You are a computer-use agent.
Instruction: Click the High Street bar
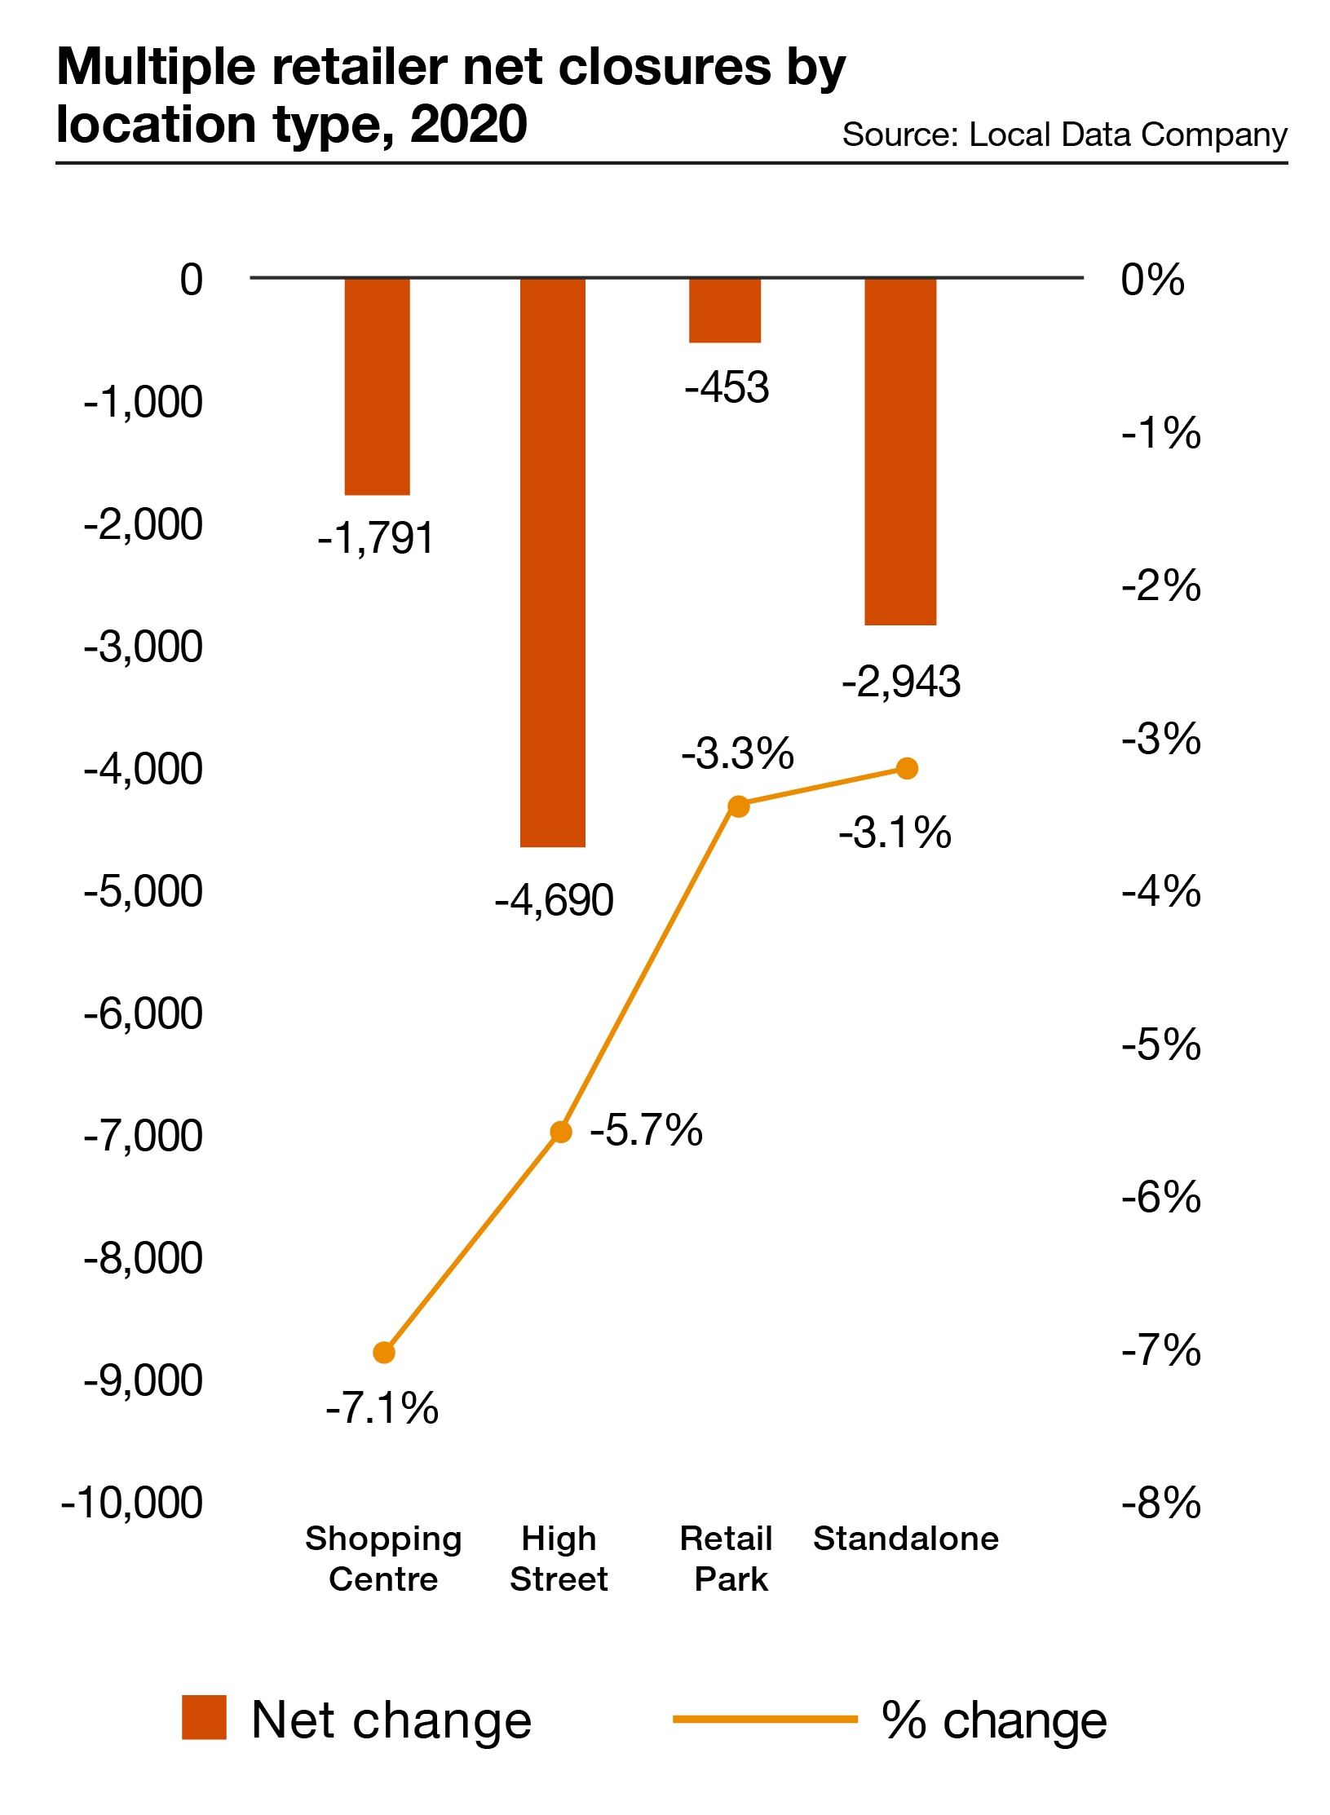point(552,563)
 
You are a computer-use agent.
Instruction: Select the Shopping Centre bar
point(377,386)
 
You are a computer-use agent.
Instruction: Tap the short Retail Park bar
point(724,310)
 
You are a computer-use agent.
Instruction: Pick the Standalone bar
point(899,452)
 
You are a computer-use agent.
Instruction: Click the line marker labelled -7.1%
point(384,1353)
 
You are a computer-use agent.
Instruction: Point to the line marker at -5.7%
point(561,1132)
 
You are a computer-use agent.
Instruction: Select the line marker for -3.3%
point(738,806)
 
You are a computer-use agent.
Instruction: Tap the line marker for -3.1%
point(907,768)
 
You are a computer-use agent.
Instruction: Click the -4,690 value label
point(554,901)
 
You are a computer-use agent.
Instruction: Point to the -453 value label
point(727,387)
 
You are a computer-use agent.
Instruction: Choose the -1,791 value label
point(376,538)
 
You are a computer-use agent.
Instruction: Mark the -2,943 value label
point(901,682)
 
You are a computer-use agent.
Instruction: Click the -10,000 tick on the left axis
point(132,1502)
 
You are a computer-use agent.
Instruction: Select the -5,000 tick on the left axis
point(144,890)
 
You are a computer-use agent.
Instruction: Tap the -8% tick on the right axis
point(1160,1502)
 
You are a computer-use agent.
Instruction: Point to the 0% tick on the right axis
point(1151,280)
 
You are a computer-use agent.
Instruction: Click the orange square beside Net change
point(204,1718)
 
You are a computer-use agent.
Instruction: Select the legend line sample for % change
point(764,1719)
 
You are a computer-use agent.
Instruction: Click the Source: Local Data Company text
point(1064,135)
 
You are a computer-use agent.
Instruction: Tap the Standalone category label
point(905,1539)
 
